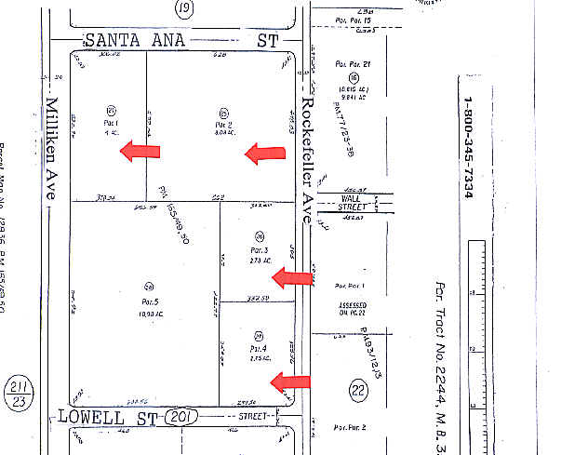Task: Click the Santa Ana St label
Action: coord(181,40)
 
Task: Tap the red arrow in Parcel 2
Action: coord(265,154)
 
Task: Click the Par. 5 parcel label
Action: coord(148,302)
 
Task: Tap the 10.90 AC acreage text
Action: coord(148,313)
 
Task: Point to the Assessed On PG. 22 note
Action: coord(352,308)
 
